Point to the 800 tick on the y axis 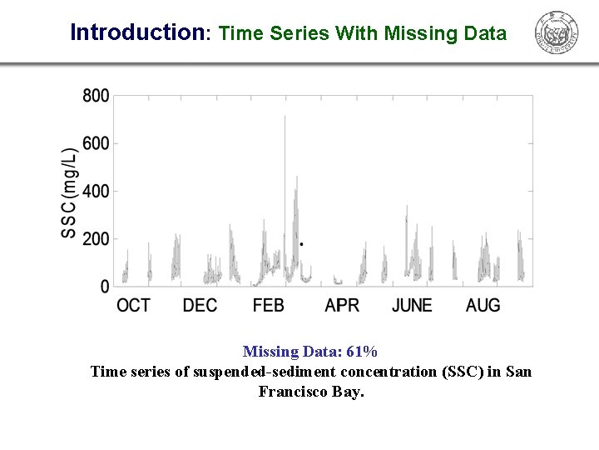pos(96,96)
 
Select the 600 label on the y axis pos(96,144)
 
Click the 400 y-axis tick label pos(96,192)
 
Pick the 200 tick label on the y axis pos(96,239)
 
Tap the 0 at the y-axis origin pos(105,287)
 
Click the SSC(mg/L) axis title pos(69,193)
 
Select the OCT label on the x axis pos(133,306)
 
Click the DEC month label pos(200,306)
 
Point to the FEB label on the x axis pos(269,306)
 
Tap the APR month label pos(342,306)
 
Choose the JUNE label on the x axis pos(412,306)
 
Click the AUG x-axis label pos(483,306)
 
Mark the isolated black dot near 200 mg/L pos(301,244)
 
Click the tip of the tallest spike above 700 pos(285,117)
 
